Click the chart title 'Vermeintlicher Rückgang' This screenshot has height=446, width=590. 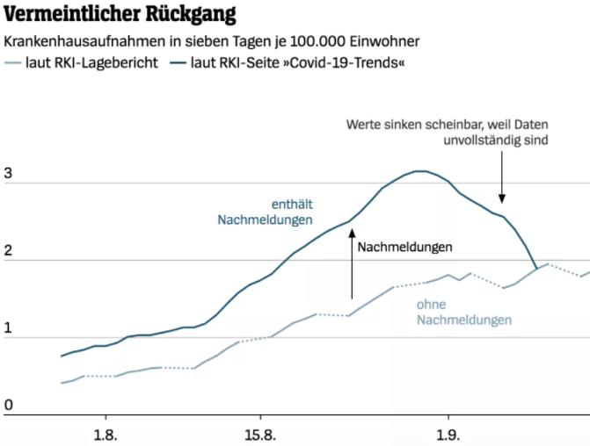pyautogui.click(x=120, y=15)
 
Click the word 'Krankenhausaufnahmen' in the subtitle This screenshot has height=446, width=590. pyautogui.click(x=84, y=41)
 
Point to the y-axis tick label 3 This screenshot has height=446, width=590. pyautogui.click(x=8, y=173)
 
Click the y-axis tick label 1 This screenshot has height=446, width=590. pyautogui.click(x=8, y=327)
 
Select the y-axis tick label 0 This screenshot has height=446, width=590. pyautogui.click(x=8, y=405)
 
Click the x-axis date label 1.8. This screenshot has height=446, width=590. pyautogui.click(x=106, y=434)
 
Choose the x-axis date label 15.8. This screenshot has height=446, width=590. pyautogui.click(x=260, y=434)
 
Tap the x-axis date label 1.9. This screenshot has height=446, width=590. pyautogui.click(x=448, y=434)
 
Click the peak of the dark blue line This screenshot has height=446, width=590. pyautogui.click(x=420, y=171)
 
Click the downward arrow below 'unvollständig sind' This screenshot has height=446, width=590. pyautogui.click(x=502, y=176)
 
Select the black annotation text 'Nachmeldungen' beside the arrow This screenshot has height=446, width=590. pyautogui.click(x=405, y=248)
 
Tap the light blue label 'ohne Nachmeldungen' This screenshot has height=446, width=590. pyautogui.click(x=464, y=313)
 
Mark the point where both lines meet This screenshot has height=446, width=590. pyautogui.click(x=537, y=268)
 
